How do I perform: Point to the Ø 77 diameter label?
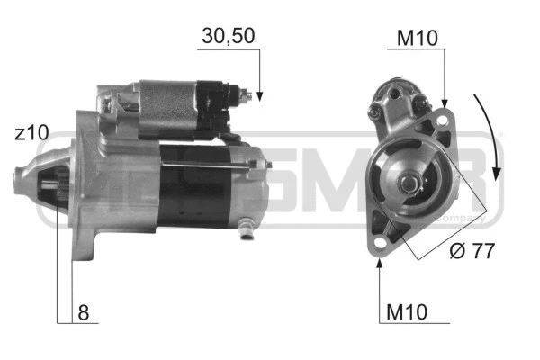(x=471, y=251)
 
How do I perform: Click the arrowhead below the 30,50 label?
(x=259, y=94)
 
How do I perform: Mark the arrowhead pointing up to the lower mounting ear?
(x=378, y=262)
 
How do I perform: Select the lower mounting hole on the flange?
(x=379, y=243)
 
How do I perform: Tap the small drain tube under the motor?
(x=248, y=236)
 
